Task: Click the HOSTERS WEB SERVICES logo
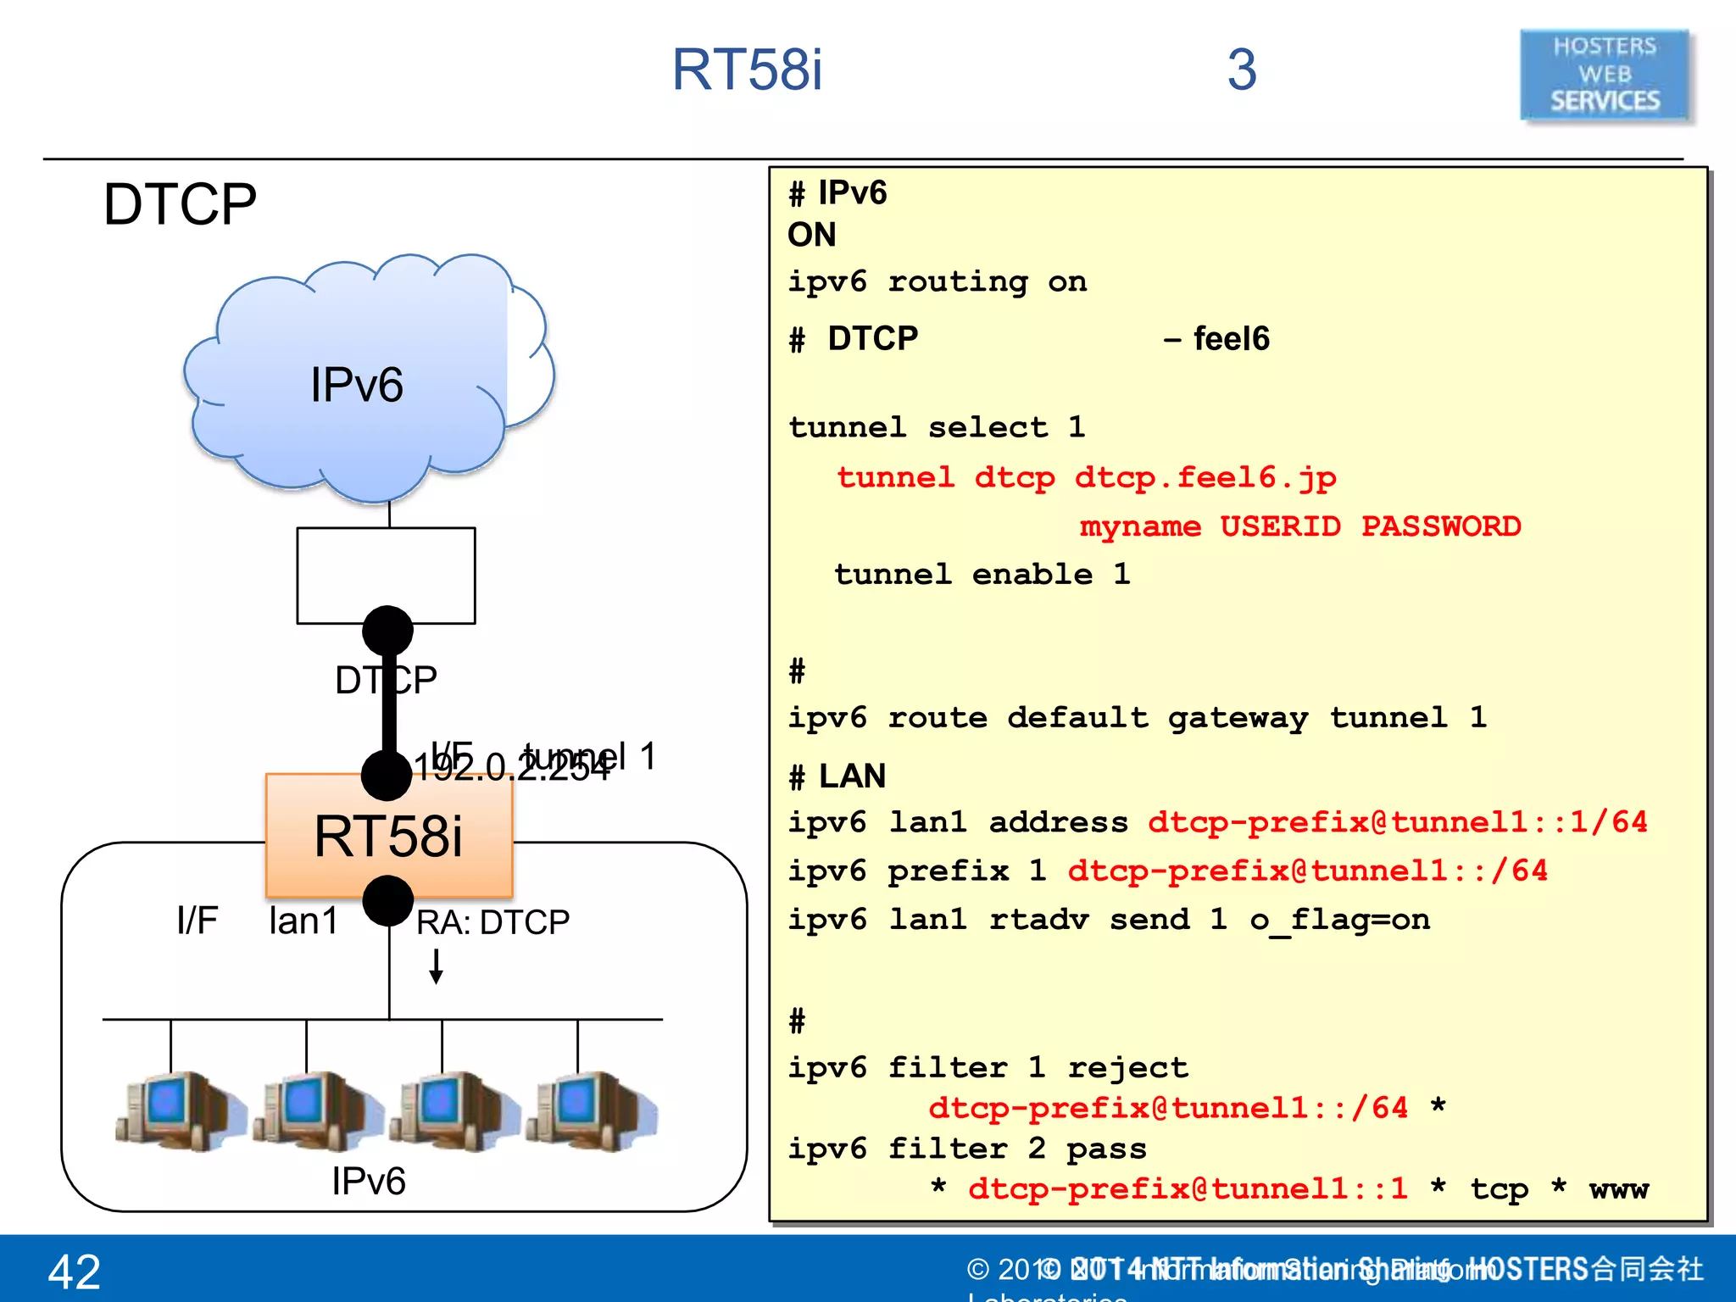pos(1604,75)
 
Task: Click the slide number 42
pos(75,1271)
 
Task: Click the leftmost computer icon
pos(178,1110)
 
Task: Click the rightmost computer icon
pos(593,1110)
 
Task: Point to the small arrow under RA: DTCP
pos(436,966)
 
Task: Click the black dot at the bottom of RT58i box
pos(388,900)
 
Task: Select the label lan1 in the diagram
pos(303,921)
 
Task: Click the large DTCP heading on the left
pos(180,204)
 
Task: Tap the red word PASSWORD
pos(1441,526)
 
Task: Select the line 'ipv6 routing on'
pos(937,281)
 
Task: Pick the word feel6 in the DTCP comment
pos(1232,339)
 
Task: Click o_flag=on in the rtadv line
pos(1339,920)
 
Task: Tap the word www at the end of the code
pos(1618,1189)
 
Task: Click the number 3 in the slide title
pos(1242,70)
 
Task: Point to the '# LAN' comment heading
pos(837,776)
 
